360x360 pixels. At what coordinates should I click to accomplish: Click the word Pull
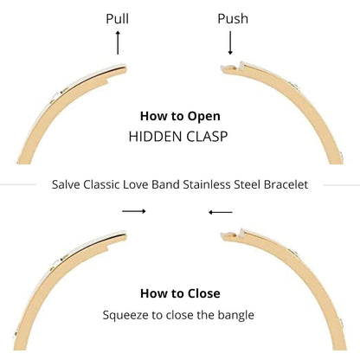[x=117, y=19]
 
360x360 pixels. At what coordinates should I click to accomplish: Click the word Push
[x=233, y=19]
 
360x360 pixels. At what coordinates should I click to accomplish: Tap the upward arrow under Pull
[x=118, y=42]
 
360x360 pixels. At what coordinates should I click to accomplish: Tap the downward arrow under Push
[x=230, y=42]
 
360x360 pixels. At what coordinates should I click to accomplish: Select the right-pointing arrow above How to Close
[x=134, y=211]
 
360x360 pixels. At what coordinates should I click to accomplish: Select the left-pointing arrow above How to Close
[x=221, y=212]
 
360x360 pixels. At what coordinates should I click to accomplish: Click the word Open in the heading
[x=204, y=116]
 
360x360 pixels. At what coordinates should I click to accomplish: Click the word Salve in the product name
[x=66, y=184]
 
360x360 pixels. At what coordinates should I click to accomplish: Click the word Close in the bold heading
[x=204, y=293]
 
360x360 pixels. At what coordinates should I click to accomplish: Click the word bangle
[x=236, y=315]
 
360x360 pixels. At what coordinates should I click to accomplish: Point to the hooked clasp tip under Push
[x=232, y=68]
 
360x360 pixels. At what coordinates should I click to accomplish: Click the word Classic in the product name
[x=101, y=184]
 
